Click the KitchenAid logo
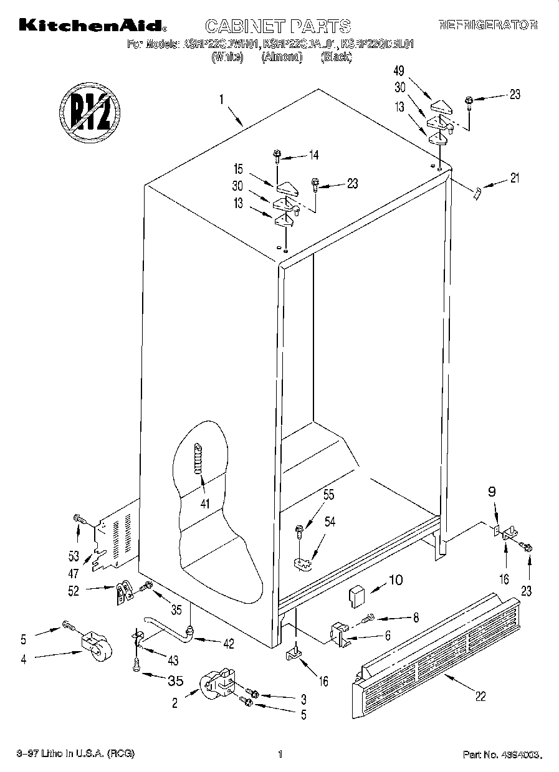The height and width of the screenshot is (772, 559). [x=92, y=26]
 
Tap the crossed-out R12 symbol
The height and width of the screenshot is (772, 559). [x=89, y=112]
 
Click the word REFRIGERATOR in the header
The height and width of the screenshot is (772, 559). [x=487, y=26]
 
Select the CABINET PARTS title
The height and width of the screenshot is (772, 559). [x=278, y=26]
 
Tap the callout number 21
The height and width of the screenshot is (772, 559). [x=514, y=179]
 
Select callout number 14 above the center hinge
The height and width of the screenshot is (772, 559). [x=313, y=155]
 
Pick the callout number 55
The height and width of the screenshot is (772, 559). [x=328, y=495]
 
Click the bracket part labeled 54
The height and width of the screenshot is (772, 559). [x=303, y=563]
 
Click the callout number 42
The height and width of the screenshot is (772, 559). [x=228, y=644]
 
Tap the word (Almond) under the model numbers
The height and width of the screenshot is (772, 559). [x=282, y=57]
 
